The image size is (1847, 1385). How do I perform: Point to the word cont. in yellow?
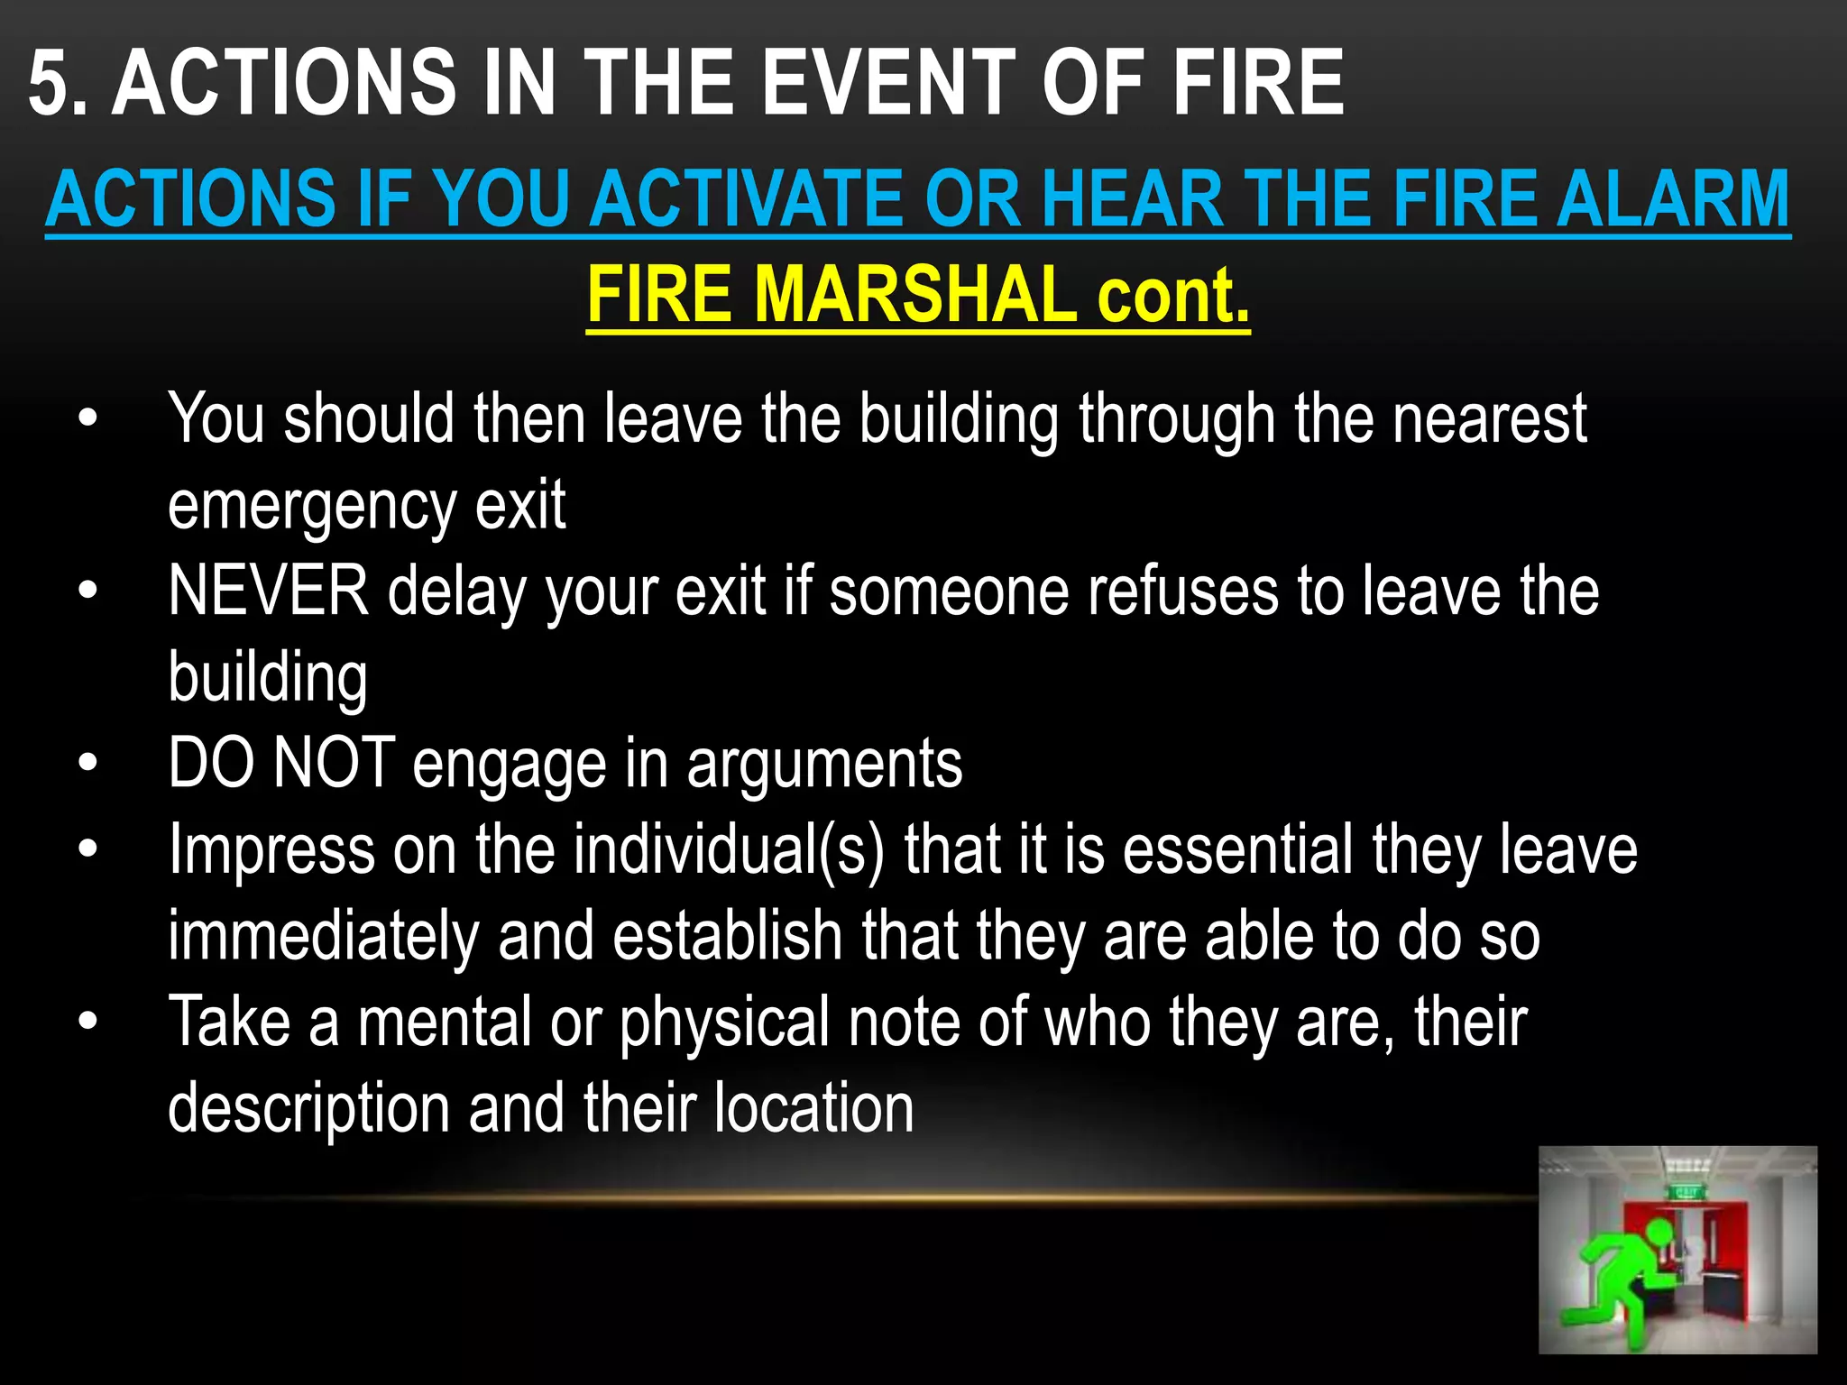point(1172,296)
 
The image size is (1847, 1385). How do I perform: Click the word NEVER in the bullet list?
point(269,592)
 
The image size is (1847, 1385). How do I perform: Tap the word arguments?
point(824,764)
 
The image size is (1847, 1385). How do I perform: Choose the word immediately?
point(324,936)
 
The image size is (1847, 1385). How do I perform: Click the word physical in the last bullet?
point(724,1023)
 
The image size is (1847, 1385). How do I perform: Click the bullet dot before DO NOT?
point(87,764)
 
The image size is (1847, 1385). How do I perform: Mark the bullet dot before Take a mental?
point(87,1023)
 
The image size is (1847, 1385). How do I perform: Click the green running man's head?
point(1658,1231)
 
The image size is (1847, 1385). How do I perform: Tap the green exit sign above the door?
point(1684,1193)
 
